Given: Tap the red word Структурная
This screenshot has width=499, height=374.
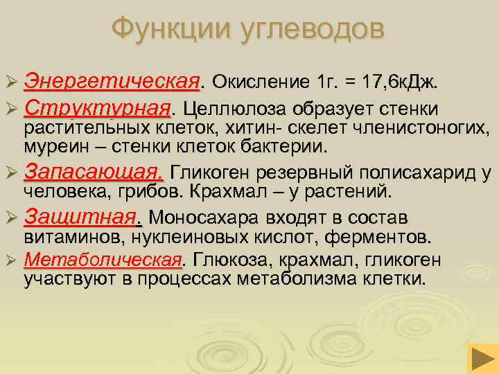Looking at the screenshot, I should (97, 109).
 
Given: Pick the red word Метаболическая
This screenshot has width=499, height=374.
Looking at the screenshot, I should (103, 260).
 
